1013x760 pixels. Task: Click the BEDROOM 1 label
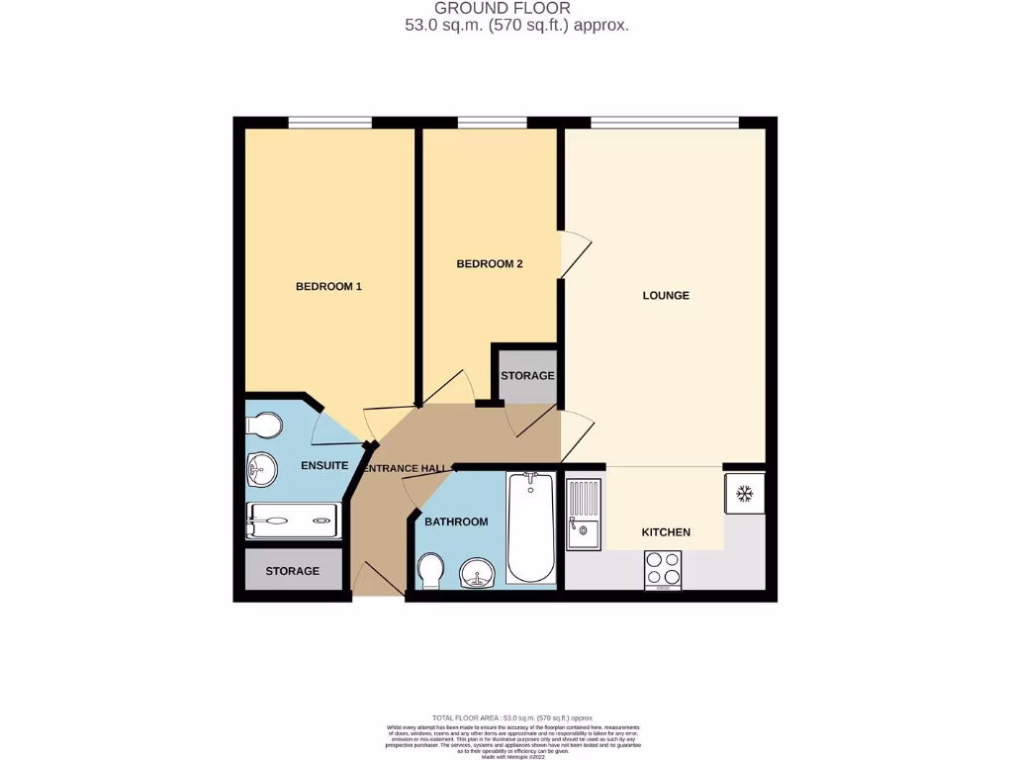pos(328,287)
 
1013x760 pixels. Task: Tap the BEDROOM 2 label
pos(489,264)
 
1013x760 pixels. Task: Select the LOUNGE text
pos(666,295)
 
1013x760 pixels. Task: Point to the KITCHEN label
pos(666,532)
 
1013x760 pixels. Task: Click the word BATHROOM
pos(456,522)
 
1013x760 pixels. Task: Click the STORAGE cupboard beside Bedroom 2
pos(527,376)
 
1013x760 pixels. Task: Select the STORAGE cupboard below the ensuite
pos(292,571)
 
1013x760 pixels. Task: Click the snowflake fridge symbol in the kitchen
pos(745,493)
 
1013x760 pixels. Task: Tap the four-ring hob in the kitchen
pos(663,569)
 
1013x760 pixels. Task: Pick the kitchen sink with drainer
pos(584,513)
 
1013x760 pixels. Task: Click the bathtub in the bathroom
pos(531,526)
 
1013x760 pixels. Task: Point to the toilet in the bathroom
pos(430,570)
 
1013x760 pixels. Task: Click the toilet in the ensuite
pos(264,426)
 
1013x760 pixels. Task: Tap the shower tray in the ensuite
pos(293,520)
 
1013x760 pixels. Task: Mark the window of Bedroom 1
pos(329,123)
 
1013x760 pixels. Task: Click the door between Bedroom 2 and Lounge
pos(572,255)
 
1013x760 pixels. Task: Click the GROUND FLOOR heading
pos(516,9)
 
